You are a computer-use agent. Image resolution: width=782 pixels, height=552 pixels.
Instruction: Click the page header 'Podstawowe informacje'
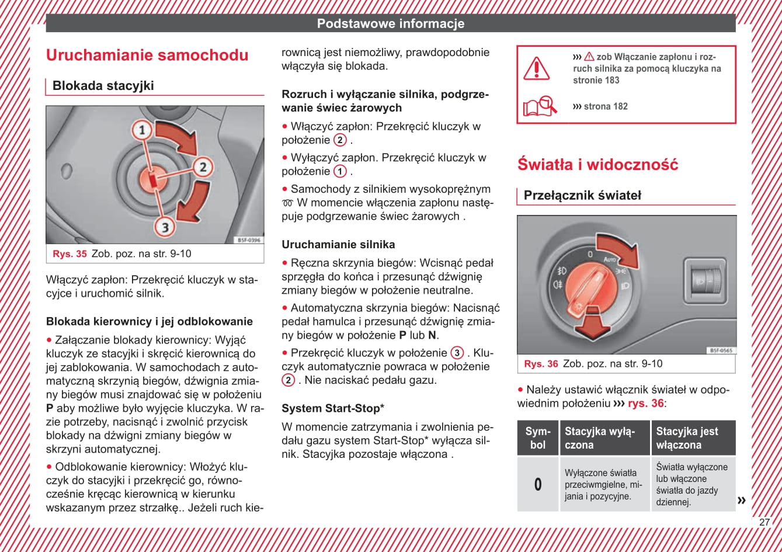(391, 24)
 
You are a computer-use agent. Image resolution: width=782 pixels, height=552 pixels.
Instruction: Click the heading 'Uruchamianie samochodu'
(147, 55)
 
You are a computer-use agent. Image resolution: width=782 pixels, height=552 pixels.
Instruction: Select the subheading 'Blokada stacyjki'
(103, 86)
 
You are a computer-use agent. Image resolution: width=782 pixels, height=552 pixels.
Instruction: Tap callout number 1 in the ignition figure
(141, 130)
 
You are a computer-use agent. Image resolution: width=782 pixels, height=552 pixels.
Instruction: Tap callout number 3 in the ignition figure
(165, 226)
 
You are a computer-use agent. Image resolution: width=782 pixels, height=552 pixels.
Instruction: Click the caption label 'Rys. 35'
(69, 254)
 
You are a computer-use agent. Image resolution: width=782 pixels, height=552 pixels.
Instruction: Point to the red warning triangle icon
(536, 68)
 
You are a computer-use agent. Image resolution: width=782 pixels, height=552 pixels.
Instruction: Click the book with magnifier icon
(540, 107)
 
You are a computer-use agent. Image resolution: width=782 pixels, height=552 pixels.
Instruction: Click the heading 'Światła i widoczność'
(597, 165)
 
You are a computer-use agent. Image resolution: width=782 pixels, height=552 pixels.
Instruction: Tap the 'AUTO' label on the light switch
(610, 259)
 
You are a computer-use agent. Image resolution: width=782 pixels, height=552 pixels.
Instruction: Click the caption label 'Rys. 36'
(541, 364)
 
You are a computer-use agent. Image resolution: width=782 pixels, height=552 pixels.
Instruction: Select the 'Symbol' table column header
(538, 438)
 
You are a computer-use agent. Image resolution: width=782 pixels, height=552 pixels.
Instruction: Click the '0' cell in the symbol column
(538, 484)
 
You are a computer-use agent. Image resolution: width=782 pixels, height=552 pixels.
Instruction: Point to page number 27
(764, 522)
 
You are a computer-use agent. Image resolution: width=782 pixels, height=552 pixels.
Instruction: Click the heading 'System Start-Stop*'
(333, 408)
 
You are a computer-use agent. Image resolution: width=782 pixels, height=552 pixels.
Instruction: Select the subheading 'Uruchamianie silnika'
(338, 245)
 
